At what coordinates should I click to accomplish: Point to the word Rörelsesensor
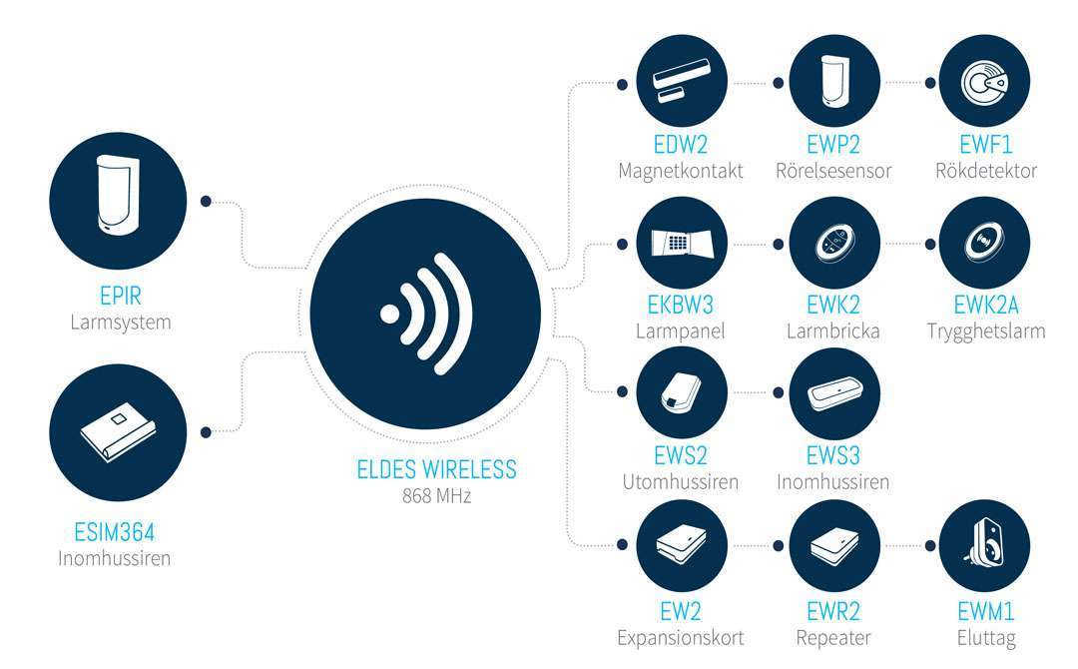(833, 171)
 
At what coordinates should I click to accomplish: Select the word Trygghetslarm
(986, 331)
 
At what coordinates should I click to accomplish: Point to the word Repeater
(833, 637)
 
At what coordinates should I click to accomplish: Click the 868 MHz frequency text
(436, 494)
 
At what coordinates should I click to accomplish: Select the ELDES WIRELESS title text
(436, 469)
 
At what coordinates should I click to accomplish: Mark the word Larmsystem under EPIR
(121, 323)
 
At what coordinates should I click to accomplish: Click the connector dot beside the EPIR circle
(206, 201)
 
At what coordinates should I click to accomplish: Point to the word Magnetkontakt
(681, 171)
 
